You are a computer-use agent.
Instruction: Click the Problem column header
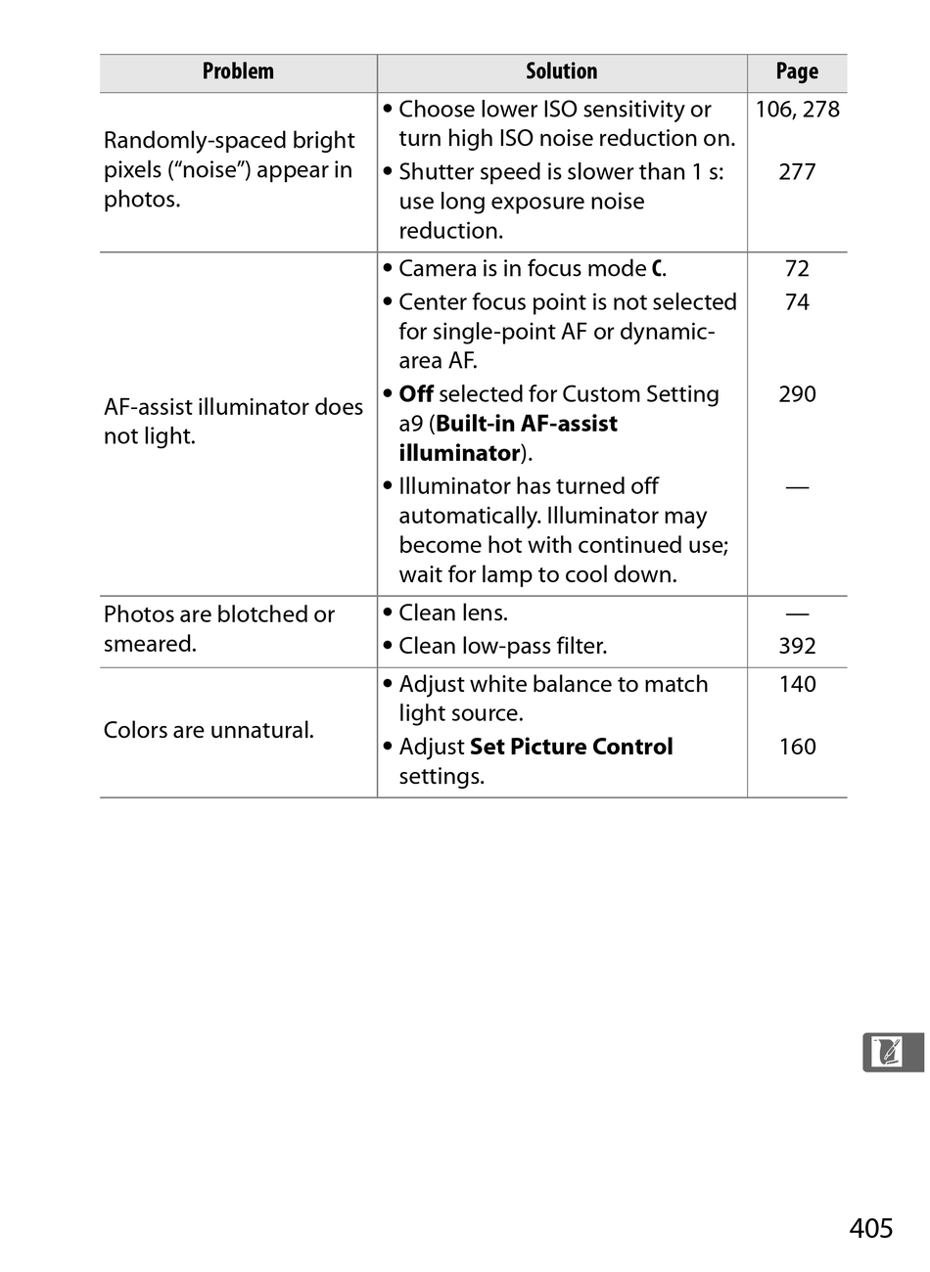pos(238,71)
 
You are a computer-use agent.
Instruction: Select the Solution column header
pos(561,71)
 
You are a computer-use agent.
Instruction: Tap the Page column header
pos(797,71)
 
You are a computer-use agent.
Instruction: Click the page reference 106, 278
pos(797,110)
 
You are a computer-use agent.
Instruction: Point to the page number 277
pos(797,172)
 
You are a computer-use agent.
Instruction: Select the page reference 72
pos(797,269)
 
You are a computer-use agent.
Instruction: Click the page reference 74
pos(797,302)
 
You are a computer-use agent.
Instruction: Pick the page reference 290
pos(797,394)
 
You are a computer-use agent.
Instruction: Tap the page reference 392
pos(797,646)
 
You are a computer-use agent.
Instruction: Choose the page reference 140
pos(797,684)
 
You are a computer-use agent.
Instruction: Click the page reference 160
pos(797,747)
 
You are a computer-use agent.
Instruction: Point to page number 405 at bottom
pos(871,1228)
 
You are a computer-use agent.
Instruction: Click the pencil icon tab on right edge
pos(890,1052)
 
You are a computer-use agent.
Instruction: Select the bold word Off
pos(416,394)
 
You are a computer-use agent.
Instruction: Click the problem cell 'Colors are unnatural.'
pos(209,730)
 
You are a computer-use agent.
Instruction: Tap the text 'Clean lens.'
pos(453,613)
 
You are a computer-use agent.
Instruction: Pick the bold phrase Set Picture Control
pos(572,747)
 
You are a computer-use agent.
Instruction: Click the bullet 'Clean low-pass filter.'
pos(502,646)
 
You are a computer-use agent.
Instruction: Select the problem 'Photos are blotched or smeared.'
pos(218,629)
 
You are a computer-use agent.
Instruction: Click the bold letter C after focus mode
pos(657,269)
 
